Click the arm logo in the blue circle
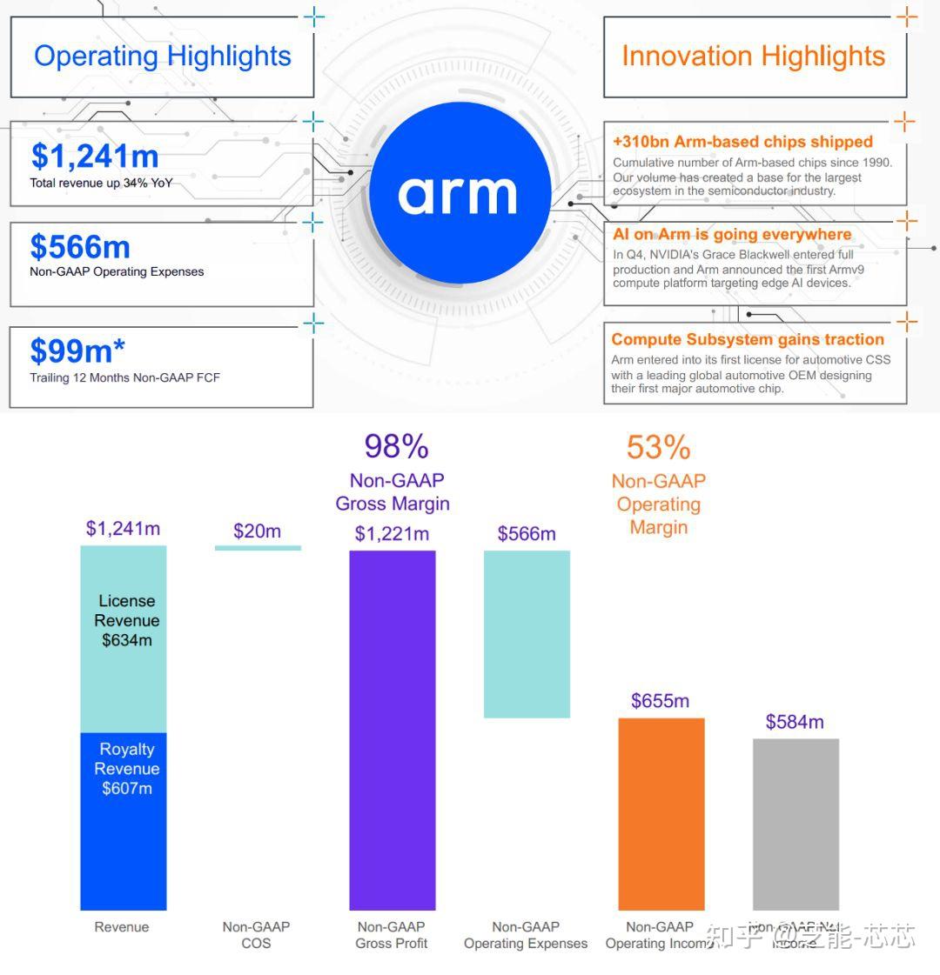click(x=458, y=193)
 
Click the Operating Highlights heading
click(x=163, y=56)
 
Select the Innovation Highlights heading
click(x=753, y=56)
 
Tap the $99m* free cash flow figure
click(x=77, y=351)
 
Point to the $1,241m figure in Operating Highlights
click(x=95, y=157)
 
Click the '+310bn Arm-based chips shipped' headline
click(x=742, y=142)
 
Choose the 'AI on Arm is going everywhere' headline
click(x=732, y=235)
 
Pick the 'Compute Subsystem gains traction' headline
click(x=748, y=340)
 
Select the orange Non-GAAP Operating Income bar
click(x=661, y=813)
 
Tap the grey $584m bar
click(x=796, y=824)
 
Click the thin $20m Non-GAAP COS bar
click(x=258, y=548)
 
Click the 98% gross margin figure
click(x=396, y=447)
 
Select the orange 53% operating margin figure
click(x=658, y=448)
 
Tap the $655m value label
click(x=660, y=701)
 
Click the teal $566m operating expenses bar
click(x=527, y=633)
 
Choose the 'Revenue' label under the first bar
click(x=122, y=927)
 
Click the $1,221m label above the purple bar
click(x=392, y=534)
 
